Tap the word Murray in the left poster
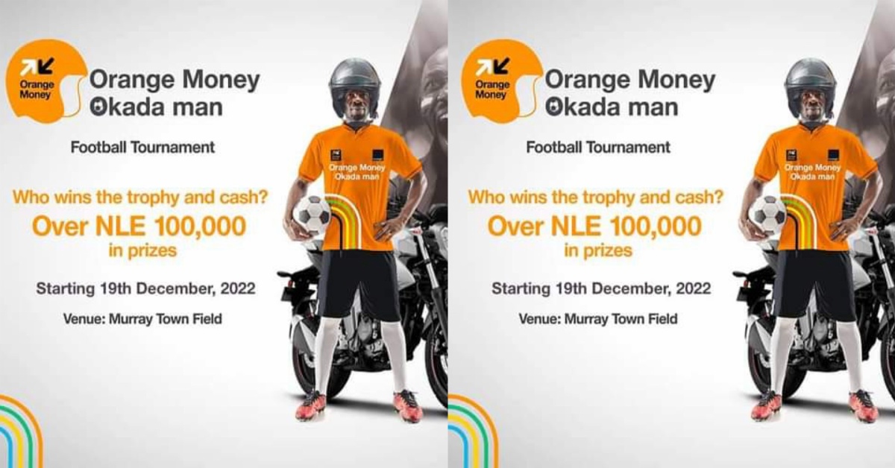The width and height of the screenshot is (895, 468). [128, 319]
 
